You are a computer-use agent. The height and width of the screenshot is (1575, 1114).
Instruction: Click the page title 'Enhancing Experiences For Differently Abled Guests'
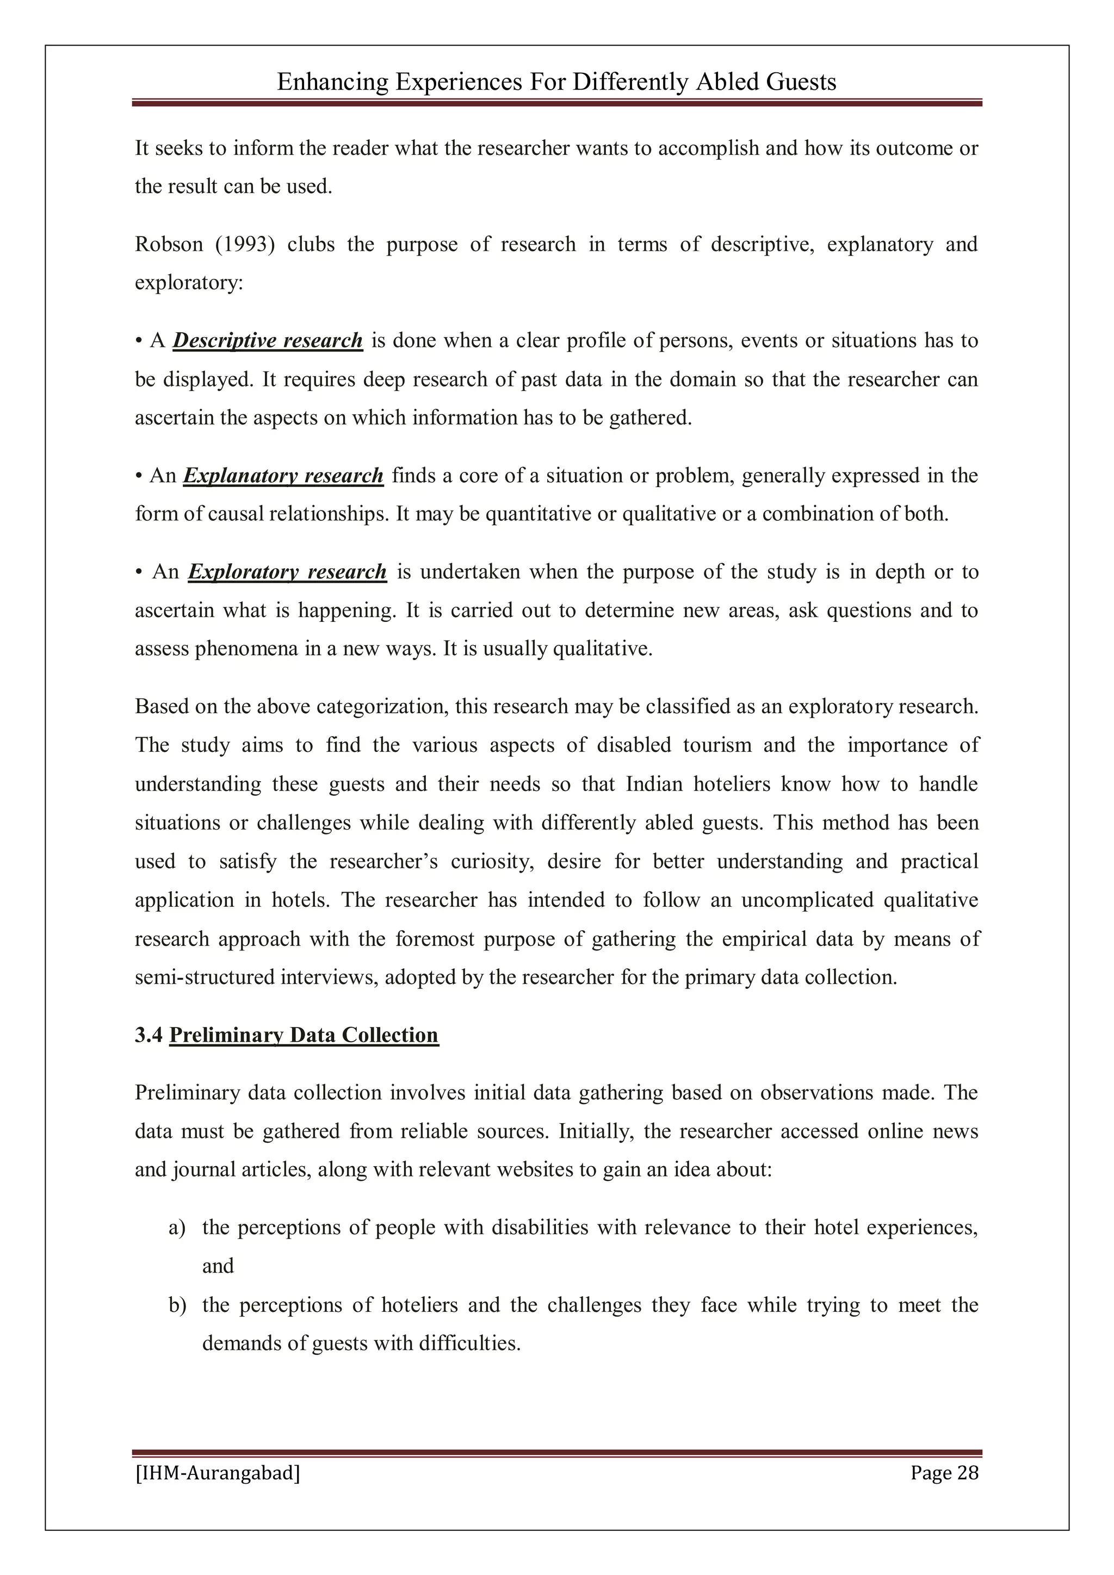(x=556, y=82)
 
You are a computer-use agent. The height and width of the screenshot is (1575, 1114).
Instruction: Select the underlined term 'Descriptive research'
(x=267, y=341)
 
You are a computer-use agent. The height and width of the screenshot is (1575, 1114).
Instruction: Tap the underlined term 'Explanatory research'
(x=283, y=476)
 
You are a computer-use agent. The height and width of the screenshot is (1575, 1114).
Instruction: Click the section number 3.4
(x=148, y=1035)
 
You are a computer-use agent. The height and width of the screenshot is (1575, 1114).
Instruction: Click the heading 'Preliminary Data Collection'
(x=304, y=1035)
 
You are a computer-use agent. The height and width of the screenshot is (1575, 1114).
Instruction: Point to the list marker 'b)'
(x=177, y=1305)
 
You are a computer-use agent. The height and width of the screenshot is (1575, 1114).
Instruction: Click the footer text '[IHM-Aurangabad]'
(x=218, y=1473)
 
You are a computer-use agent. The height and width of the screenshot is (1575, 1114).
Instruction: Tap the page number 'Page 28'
(x=944, y=1473)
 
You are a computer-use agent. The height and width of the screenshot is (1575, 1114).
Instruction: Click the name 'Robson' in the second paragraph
(x=168, y=245)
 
